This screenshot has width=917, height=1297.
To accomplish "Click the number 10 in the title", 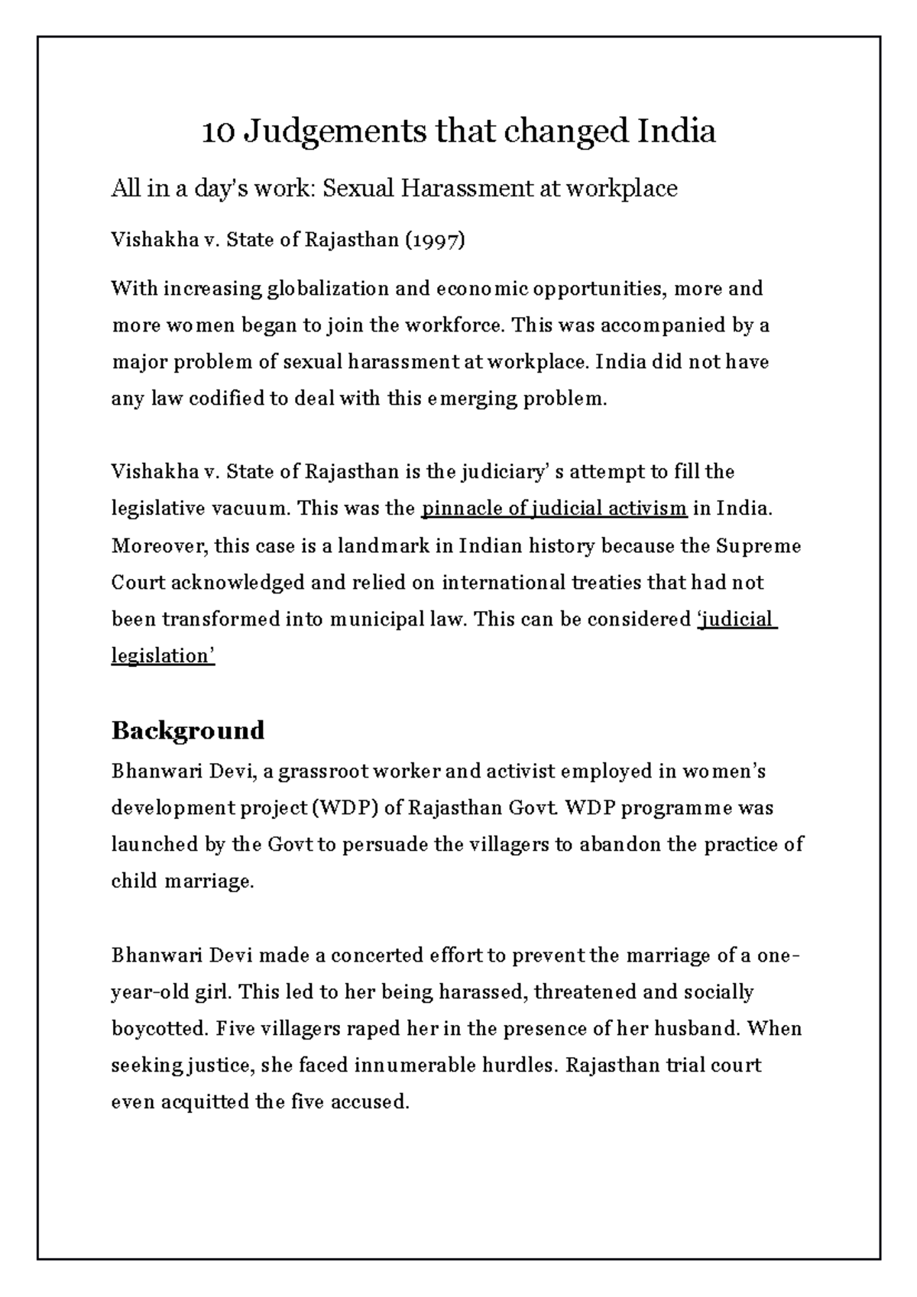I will tap(219, 132).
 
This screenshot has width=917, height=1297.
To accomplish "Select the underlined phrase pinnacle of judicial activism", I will tap(555, 509).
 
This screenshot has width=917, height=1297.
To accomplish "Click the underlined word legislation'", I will tap(164, 656).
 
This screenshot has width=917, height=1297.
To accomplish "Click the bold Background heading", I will tap(188, 730).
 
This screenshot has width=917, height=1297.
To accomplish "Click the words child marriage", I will tap(182, 881).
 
